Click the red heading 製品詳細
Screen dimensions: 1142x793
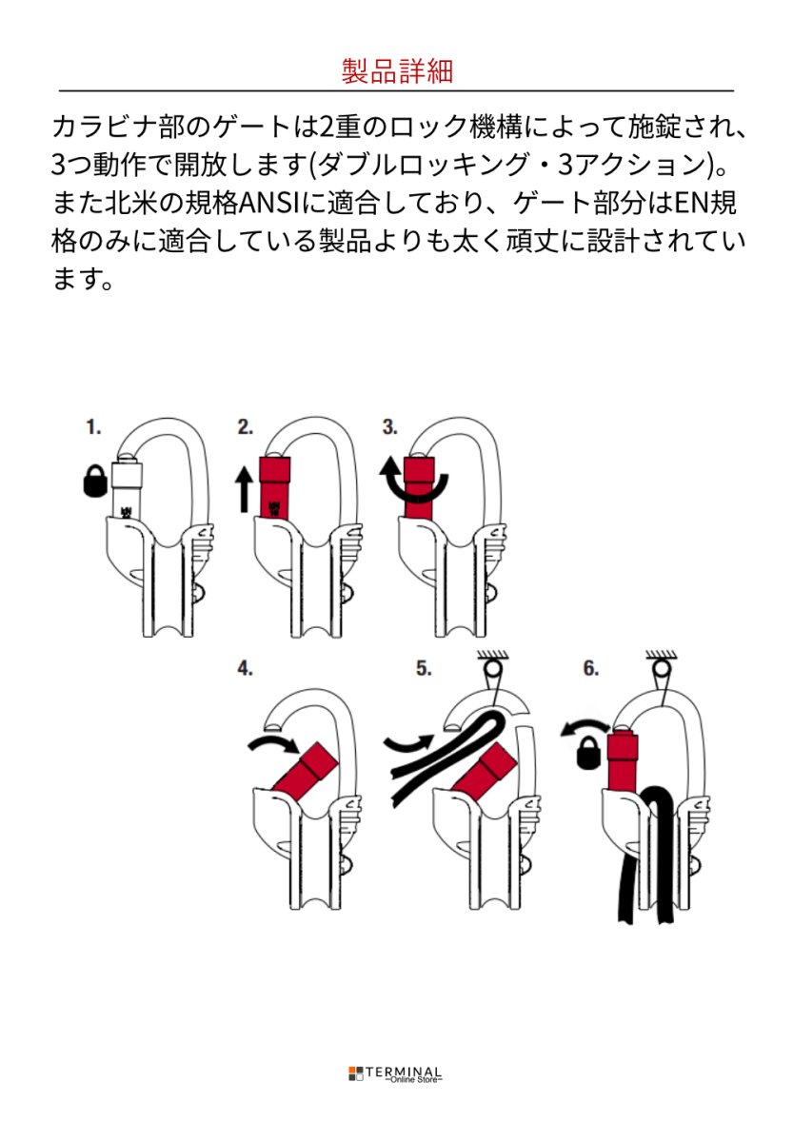(396, 71)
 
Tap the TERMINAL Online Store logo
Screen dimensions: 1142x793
(395, 1074)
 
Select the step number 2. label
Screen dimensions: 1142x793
(246, 427)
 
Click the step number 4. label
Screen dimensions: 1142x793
(246, 669)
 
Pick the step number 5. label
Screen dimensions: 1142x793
(425, 669)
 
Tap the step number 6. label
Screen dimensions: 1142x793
(590, 669)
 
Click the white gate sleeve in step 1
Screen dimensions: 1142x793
(126, 487)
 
